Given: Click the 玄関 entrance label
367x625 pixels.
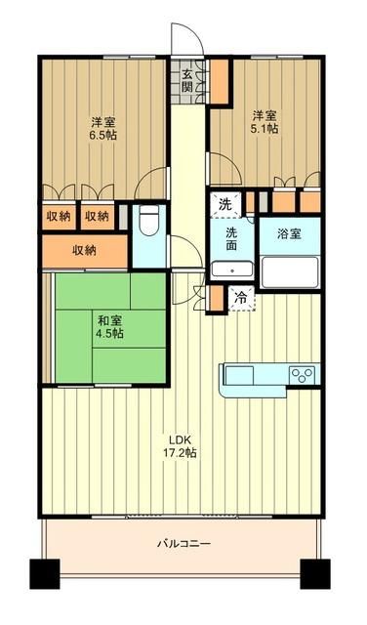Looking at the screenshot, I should tap(186, 81).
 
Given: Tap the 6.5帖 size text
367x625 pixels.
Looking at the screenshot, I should tap(104, 135).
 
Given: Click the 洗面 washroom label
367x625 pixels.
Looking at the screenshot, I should tap(232, 239).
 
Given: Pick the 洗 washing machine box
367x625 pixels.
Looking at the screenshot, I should tap(225, 205).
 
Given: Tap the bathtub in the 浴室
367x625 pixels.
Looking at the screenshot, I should tap(289, 268).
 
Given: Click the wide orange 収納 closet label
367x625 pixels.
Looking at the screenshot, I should tap(84, 250).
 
